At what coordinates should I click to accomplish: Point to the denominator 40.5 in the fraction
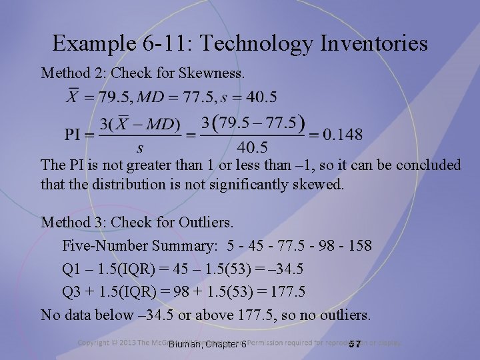pos(252,147)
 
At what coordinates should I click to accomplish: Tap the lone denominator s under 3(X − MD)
pos(139,147)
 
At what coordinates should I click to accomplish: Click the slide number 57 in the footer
pos(355,344)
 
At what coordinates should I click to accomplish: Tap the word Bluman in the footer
pos(186,344)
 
